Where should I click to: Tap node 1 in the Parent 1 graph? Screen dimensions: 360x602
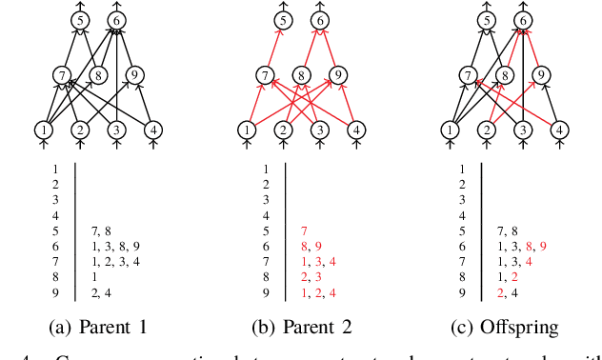pos(44,130)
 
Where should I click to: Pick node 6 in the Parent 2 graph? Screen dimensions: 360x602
pos(320,20)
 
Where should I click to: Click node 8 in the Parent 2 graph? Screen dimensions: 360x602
pos(301,74)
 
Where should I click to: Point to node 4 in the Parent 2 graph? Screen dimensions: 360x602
pos(355,130)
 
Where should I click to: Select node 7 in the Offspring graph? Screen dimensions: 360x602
pos(468,74)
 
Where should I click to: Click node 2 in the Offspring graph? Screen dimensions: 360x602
pos(486,130)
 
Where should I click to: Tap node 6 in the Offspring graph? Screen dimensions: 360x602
pos(522,20)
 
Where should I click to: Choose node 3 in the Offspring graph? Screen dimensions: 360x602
pos(522,130)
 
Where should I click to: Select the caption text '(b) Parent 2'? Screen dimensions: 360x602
pos(302,327)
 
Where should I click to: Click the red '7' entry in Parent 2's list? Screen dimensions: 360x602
pos(303,230)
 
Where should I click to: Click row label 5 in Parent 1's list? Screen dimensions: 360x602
pos(55,230)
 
